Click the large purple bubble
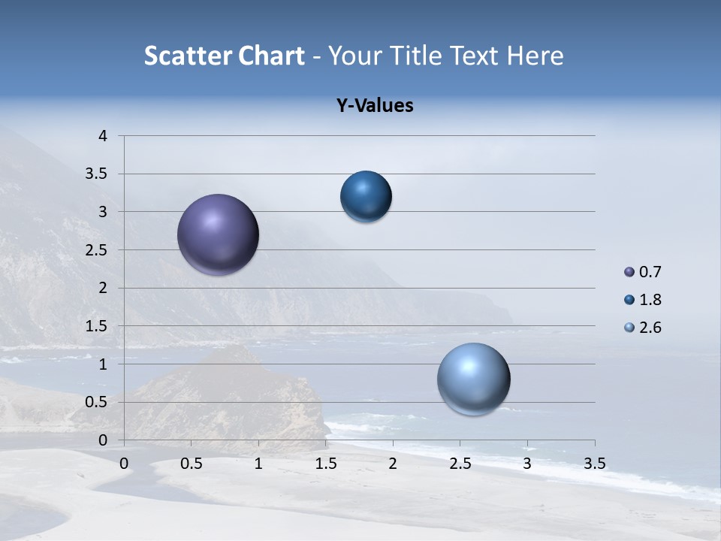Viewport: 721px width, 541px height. (x=218, y=234)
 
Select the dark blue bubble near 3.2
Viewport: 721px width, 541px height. (x=366, y=197)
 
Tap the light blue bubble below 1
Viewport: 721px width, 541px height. (x=473, y=379)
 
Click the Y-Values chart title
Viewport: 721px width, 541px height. (x=374, y=106)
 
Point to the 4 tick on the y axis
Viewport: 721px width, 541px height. (x=103, y=136)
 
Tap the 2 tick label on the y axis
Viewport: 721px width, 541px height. (x=103, y=288)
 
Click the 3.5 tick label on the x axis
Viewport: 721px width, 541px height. (x=594, y=464)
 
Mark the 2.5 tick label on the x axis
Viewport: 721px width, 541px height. (x=460, y=464)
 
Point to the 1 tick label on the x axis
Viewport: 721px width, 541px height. (x=258, y=464)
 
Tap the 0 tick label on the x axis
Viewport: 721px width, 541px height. (x=124, y=464)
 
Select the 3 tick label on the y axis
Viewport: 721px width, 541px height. (x=103, y=212)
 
